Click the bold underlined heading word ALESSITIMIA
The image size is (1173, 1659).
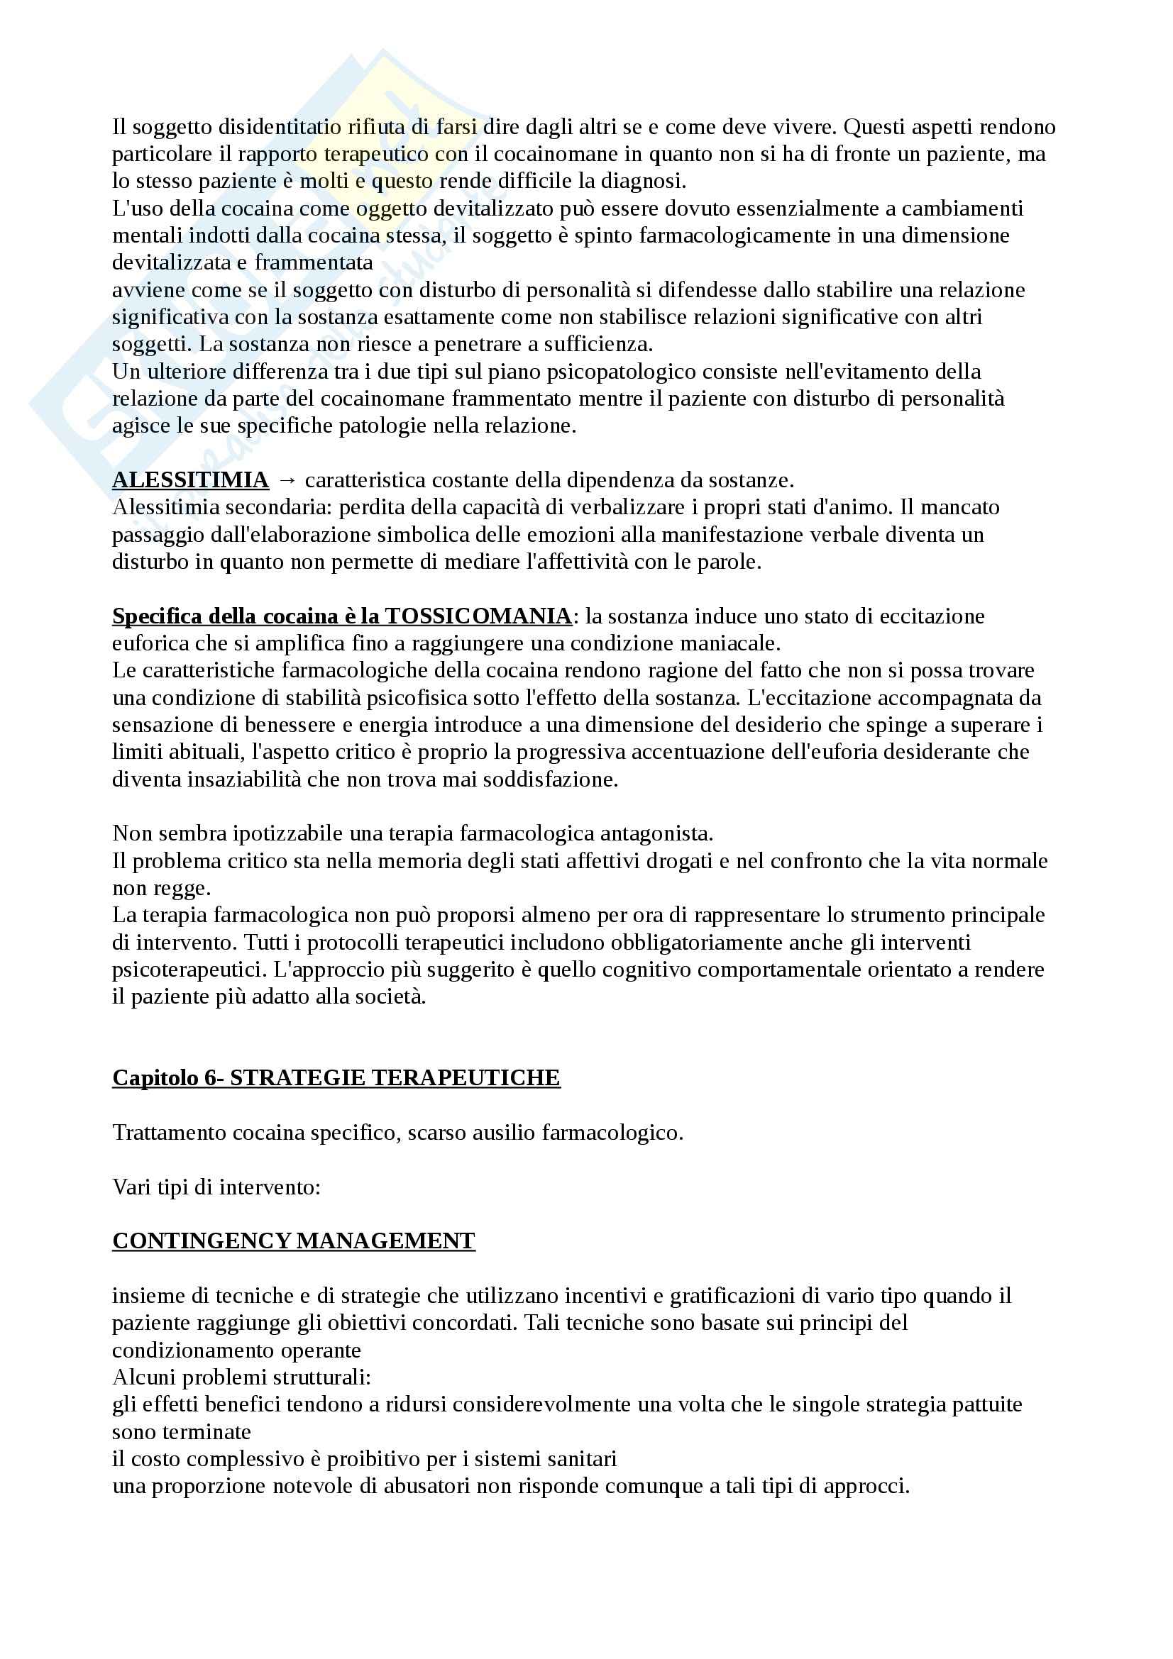click(190, 480)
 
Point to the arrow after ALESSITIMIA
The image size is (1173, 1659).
click(287, 480)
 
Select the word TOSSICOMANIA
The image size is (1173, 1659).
click(478, 616)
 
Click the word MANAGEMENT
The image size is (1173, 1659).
click(386, 1241)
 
